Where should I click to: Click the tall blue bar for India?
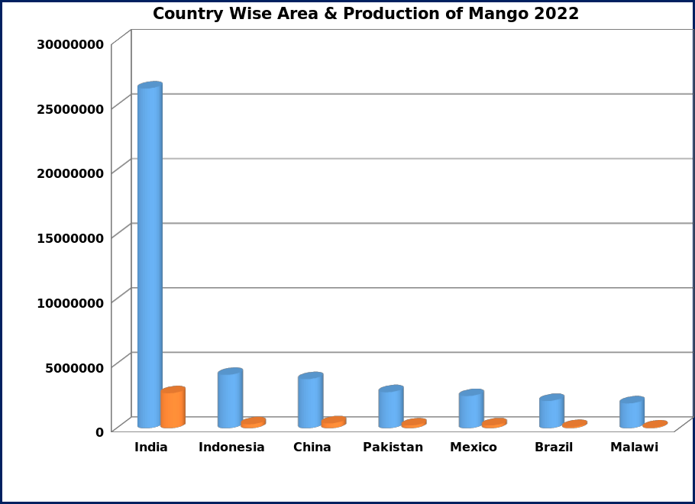pyautogui.click(x=149, y=256)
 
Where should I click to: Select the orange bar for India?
pyautogui.click(x=173, y=409)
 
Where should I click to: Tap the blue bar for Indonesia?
pyautogui.click(x=229, y=399)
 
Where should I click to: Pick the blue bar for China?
pyautogui.click(x=310, y=401)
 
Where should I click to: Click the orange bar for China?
pyautogui.click(x=334, y=422)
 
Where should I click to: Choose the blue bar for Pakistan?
pyautogui.click(x=390, y=408)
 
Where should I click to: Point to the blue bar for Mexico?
pyautogui.click(x=470, y=410)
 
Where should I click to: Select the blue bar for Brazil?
pyautogui.click(x=551, y=412)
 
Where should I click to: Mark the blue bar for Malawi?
pyautogui.click(x=632, y=413)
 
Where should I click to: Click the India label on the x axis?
pyautogui.click(x=150, y=447)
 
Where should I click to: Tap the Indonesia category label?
pyautogui.click(x=231, y=447)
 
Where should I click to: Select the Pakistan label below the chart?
pyautogui.click(x=393, y=447)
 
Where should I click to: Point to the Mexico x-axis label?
pyautogui.click(x=473, y=447)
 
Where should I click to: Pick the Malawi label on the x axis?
pyautogui.click(x=634, y=447)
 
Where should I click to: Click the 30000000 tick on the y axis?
pyautogui.click(x=71, y=44)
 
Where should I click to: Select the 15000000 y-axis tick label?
pyautogui.click(x=71, y=238)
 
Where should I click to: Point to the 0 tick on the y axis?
pyautogui.click(x=100, y=432)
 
